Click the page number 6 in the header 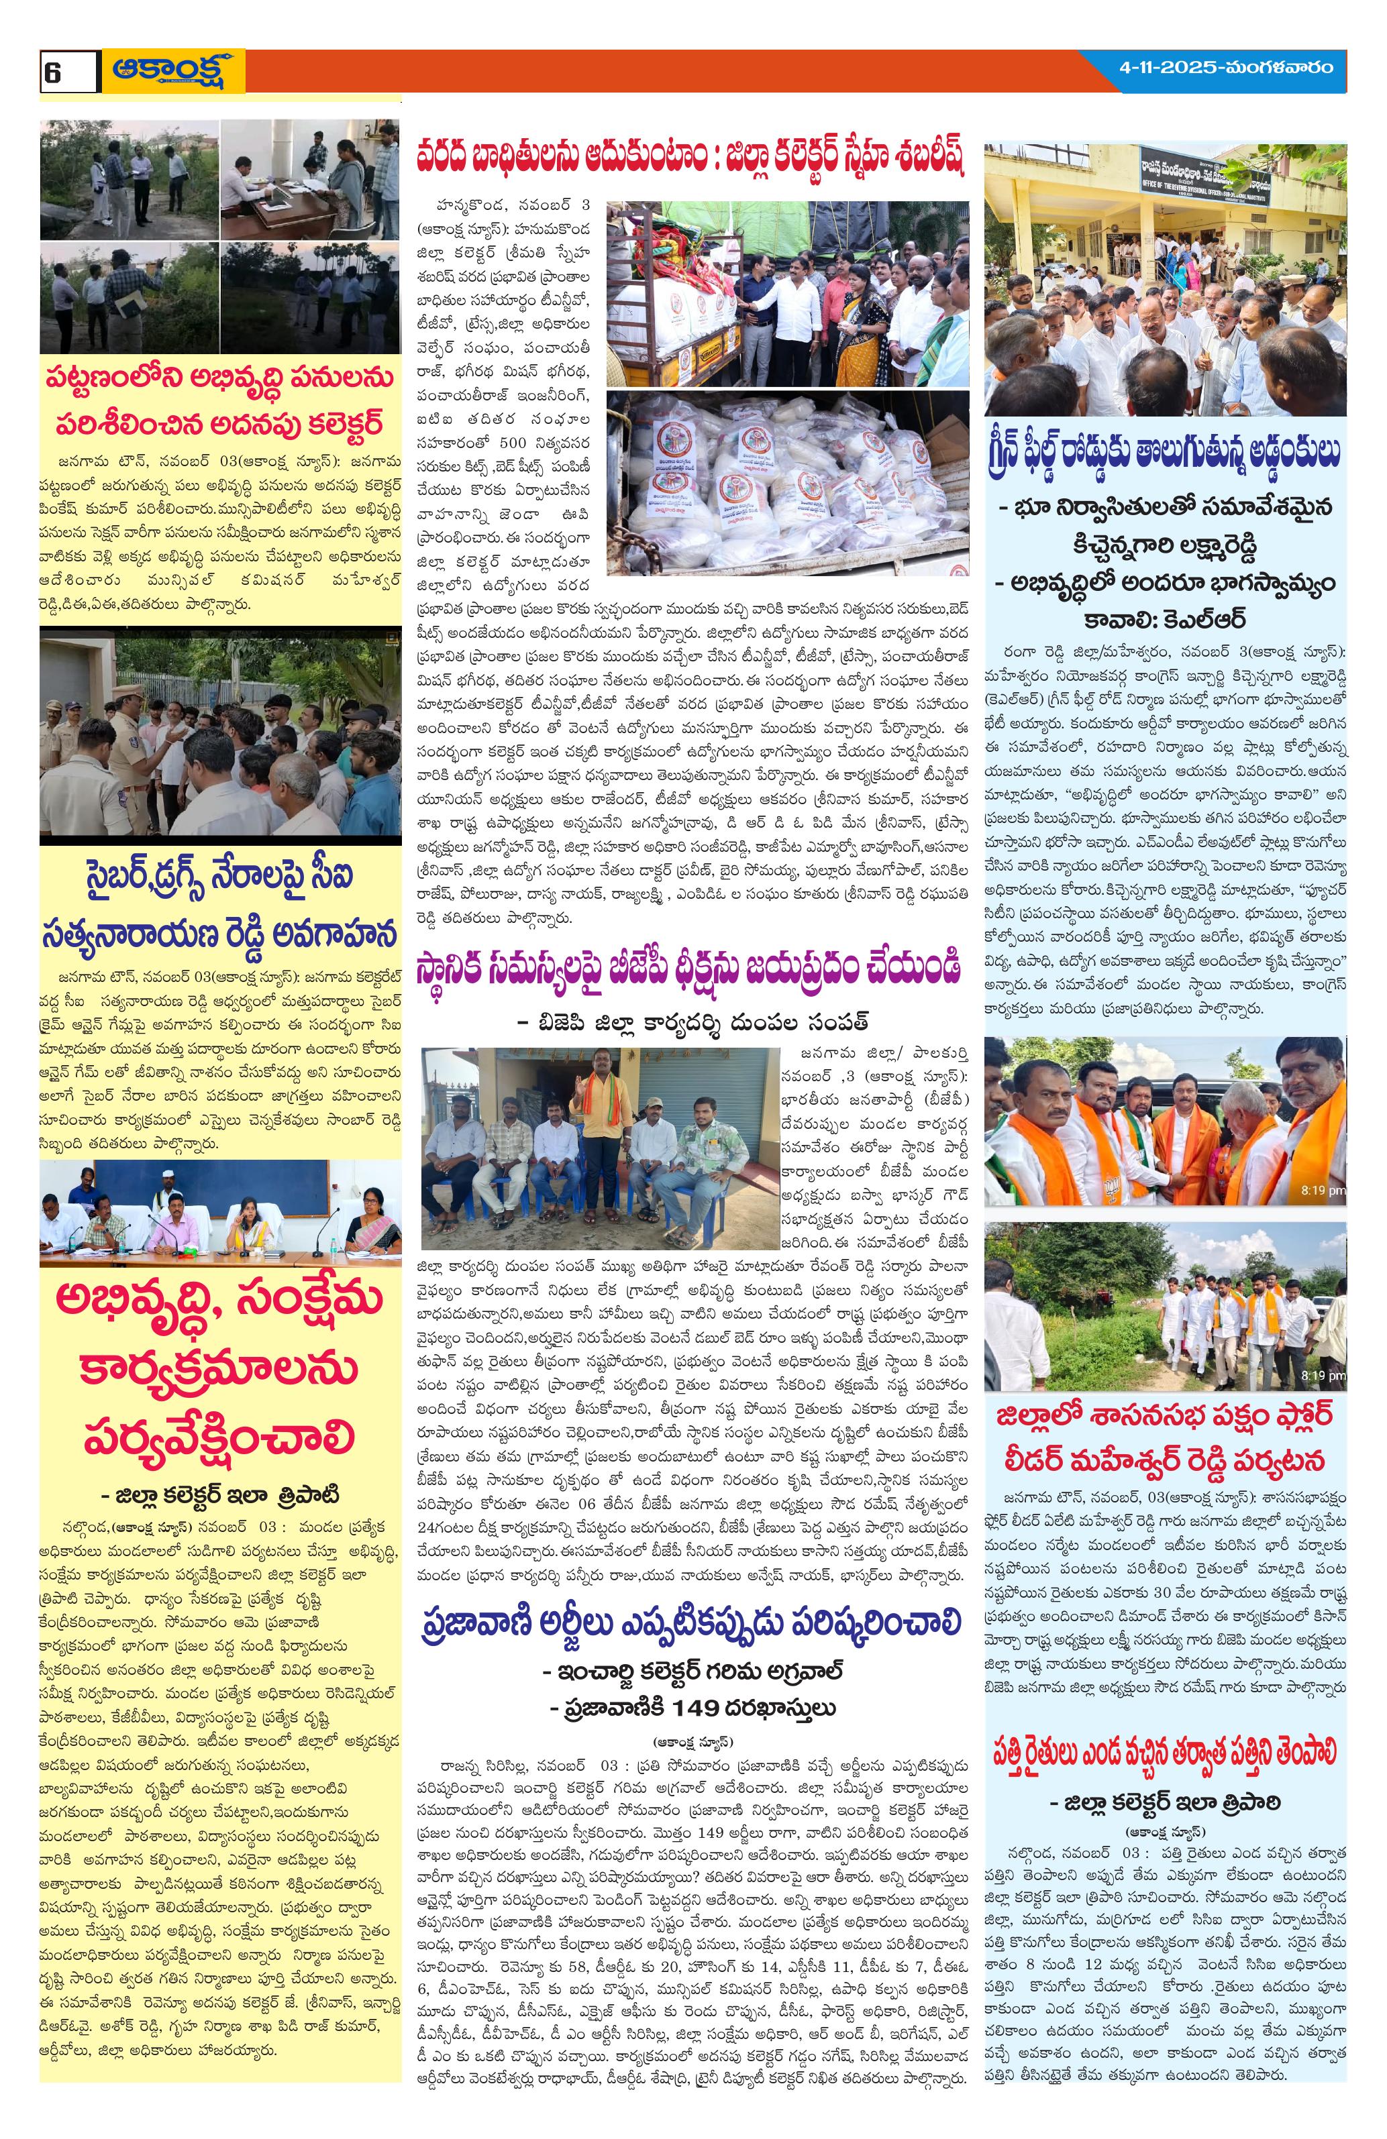[x=53, y=72]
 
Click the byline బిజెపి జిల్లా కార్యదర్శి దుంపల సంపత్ [x=692, y=1021]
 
